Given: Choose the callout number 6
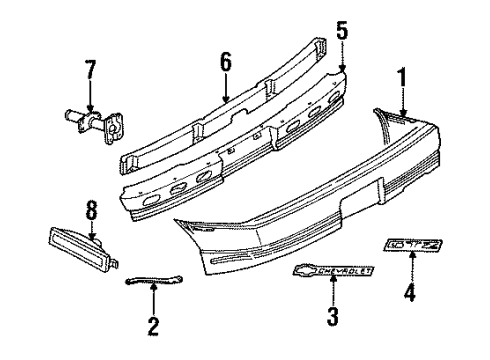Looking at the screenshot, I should click(226, 63).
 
